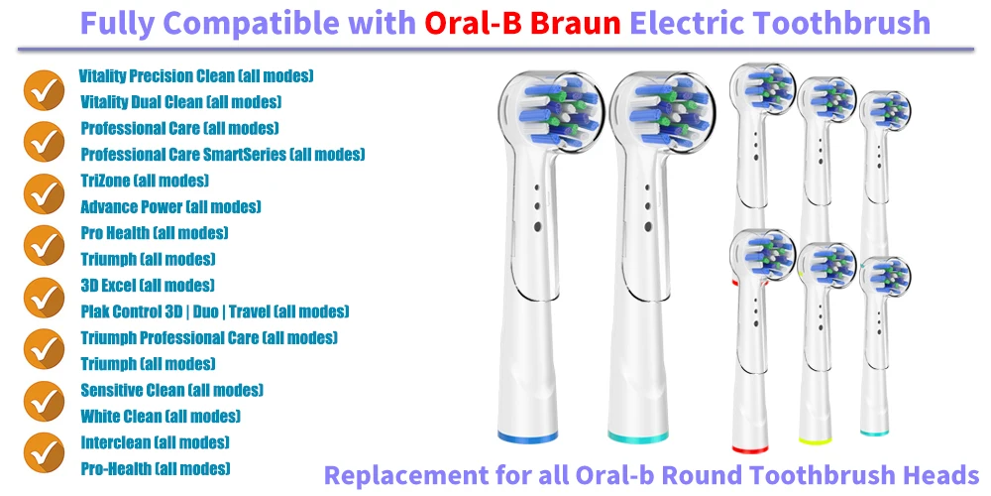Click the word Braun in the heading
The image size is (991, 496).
pyautogui.click(x=575, y=24)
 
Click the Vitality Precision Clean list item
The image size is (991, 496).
pyautogui.click(x=196, y=76)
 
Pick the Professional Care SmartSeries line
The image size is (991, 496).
pyautogui.click(x=222, y=154)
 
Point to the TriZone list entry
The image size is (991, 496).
pyautogui.click(x=145, y=181)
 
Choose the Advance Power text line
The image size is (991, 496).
pyautogui.click(x=170, y=206)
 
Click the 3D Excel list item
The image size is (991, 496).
pyautogui.click(x=148, y=285)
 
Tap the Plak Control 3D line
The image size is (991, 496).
pyautogui.click(x=215, y=311)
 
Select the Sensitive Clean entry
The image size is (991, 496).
pyautogui.click(x=171, y=390)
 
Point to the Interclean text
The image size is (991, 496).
pyautogui.click(x=155, y=441)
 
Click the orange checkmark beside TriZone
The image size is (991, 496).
pyautogui.click(x=44, y=193)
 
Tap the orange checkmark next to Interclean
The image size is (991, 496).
pyautogui.click(x=44, y=453)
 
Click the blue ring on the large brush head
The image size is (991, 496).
pyautogui.click(x=528, y=436)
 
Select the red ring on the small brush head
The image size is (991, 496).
pyautogui.click(x=750, y=449)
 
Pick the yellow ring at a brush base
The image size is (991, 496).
pyautogui.click(x=815, y=440)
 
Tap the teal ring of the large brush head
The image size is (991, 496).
pyautogui.click(x=638, y=436)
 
